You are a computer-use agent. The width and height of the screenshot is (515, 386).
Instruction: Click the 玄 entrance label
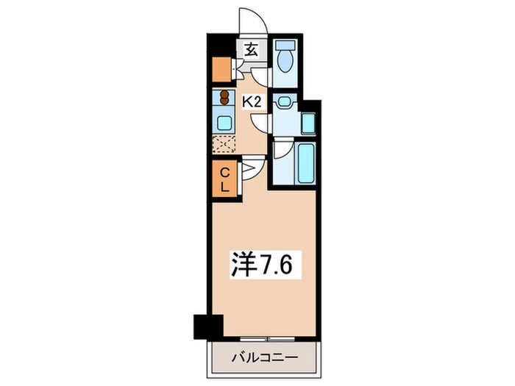click(x=251, y=50)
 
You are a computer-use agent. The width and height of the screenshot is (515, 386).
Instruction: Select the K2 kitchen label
click(x=253, y=103)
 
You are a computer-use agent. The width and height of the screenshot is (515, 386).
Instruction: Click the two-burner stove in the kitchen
click(x=223, y=97)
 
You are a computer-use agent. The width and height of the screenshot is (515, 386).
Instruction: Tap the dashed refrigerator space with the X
click(x=223, y=145)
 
